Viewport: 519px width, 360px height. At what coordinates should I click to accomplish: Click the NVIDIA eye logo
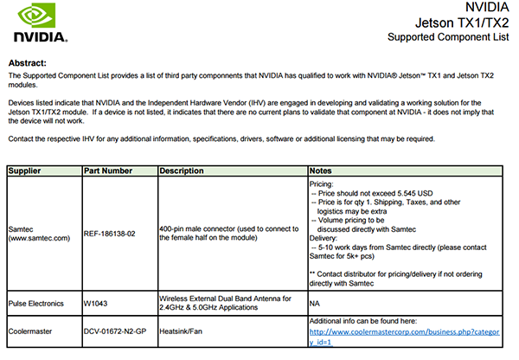pyautogui.click(x=38, y=16)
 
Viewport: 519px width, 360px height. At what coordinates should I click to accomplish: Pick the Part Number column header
pyautogui.click(x=109, y=170)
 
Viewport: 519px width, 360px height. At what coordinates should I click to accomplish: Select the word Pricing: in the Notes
pyautogui.click(x=324, y=183)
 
